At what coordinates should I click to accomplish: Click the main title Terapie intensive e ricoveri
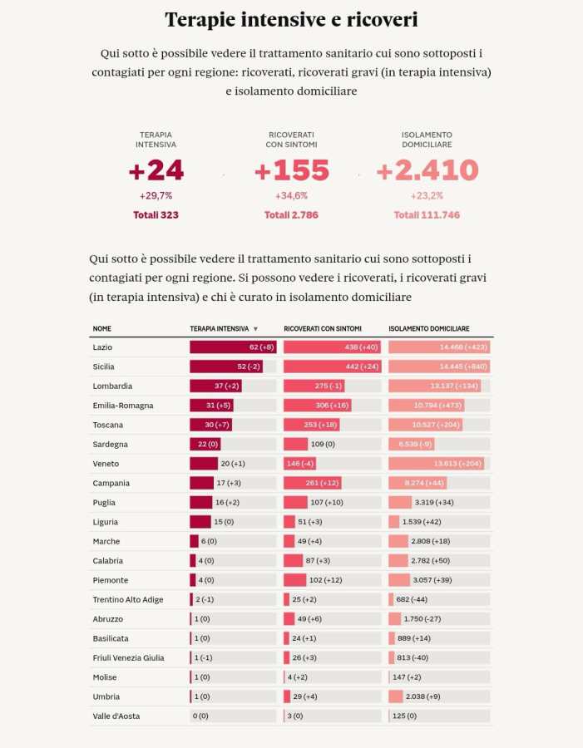[291, 20]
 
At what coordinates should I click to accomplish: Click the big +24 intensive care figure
[156, 170]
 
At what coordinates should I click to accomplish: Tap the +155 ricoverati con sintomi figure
[291, 170]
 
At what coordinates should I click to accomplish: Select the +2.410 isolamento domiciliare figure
[427, 170]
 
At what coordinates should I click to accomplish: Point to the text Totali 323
[156, 215]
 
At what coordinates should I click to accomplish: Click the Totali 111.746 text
[427, 215]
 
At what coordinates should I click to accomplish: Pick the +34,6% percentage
[291, 196]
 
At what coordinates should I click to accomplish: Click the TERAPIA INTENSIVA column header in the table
[219, 329]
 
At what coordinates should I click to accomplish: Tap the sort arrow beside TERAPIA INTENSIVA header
[255, 329]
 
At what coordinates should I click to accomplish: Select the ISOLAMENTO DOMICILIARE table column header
[429, 329]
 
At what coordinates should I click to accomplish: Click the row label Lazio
[102, 347]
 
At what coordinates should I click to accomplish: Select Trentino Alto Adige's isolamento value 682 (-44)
[420, 599]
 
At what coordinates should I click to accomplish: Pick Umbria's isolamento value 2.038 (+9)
[428, 696]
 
